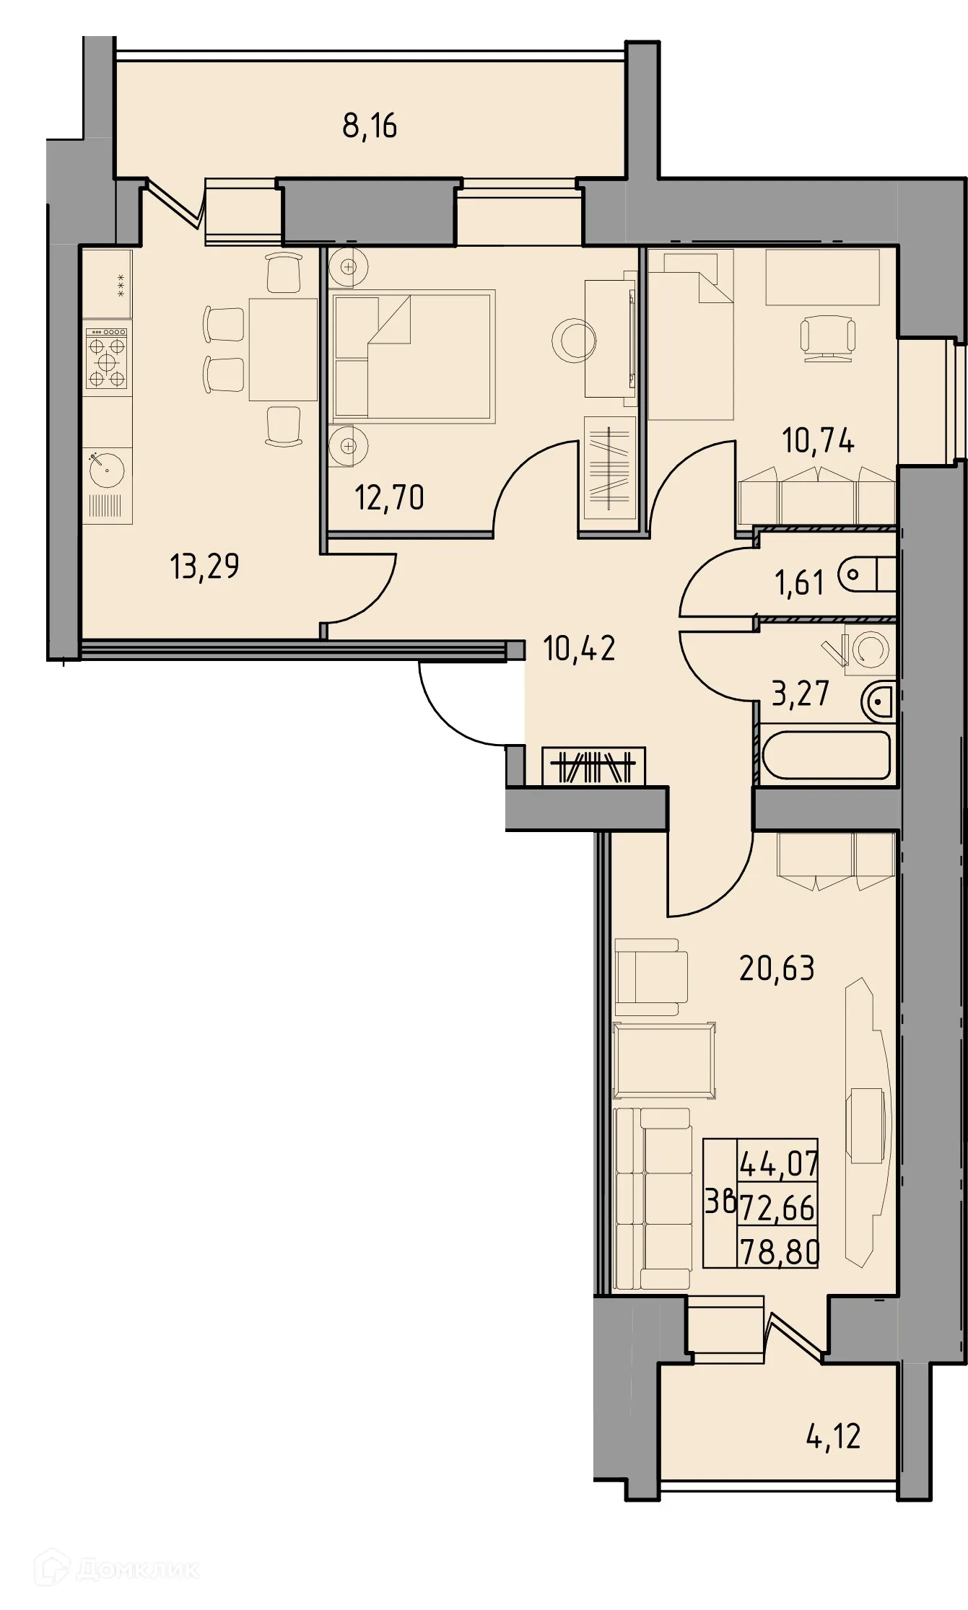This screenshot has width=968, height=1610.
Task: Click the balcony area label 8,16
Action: tap(370, 126)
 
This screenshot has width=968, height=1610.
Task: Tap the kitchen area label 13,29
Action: tap(204, 566)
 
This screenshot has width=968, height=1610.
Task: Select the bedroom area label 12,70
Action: tap(389, 498)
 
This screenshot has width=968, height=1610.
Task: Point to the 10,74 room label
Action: tap(818, 440)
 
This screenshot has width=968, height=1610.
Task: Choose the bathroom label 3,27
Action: tap(801, 694)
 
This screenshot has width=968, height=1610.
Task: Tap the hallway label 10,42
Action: tap(579, 649)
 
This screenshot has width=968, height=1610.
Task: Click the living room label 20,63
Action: tap(777, 968)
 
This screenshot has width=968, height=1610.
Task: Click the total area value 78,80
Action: tap(779, 1253)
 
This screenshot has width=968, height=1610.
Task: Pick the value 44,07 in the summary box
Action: tap(779, 1163)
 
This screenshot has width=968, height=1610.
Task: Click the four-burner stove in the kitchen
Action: tap(107, 359)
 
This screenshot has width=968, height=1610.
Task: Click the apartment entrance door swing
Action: tap(462, 707)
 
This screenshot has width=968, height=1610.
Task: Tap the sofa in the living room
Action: tap(652, 1199)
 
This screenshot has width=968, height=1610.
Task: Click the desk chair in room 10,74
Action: tap(828, 338)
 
